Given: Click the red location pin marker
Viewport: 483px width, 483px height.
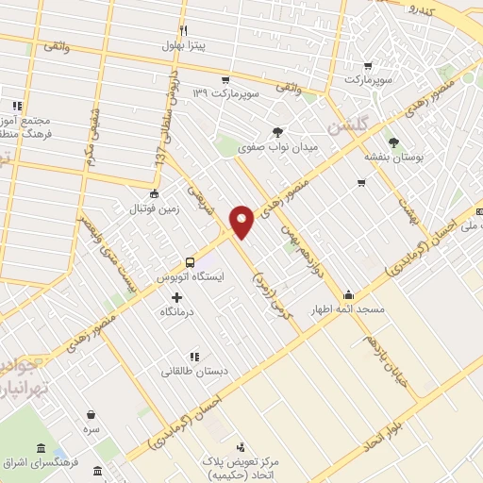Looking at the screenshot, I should [242, 222].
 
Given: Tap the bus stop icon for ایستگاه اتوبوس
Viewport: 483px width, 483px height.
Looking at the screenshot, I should [191, 262].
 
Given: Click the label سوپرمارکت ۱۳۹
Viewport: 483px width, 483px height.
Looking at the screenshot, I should [225, 92].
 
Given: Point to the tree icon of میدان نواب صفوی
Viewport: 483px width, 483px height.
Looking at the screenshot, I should [276, 132].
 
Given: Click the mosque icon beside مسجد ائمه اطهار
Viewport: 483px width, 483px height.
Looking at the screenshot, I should [349, 294].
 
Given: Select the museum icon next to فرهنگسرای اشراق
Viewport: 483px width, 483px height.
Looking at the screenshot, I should [41, 448].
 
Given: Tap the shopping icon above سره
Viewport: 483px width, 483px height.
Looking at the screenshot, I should [91, 414].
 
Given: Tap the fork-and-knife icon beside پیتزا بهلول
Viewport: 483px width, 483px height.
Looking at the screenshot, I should [184, 30].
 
